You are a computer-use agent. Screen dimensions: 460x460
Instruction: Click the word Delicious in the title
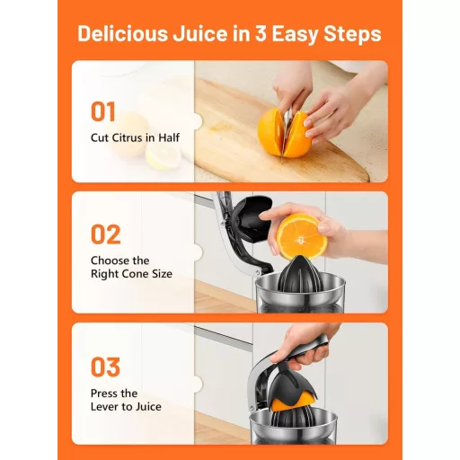click(122, 33)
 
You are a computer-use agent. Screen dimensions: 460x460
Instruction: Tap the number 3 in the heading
click(261, 33)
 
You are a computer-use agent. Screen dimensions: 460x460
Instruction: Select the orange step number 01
click(103, 111)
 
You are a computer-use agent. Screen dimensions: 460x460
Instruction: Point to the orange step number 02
click(106, 234)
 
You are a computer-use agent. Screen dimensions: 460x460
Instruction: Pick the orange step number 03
click(105, 367)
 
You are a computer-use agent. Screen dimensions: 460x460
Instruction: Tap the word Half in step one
click(169, 137)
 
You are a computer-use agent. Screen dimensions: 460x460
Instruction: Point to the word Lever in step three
click(105, 407)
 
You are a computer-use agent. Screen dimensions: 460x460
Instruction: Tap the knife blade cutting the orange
click(285, 132)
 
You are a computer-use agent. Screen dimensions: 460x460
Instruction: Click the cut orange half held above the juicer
click(301, 236)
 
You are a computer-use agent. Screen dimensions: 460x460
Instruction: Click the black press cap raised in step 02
click(252, 217)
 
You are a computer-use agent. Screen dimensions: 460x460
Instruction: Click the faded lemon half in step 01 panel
click(163, 154)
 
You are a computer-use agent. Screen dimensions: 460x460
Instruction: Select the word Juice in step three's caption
click(148, 407)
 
